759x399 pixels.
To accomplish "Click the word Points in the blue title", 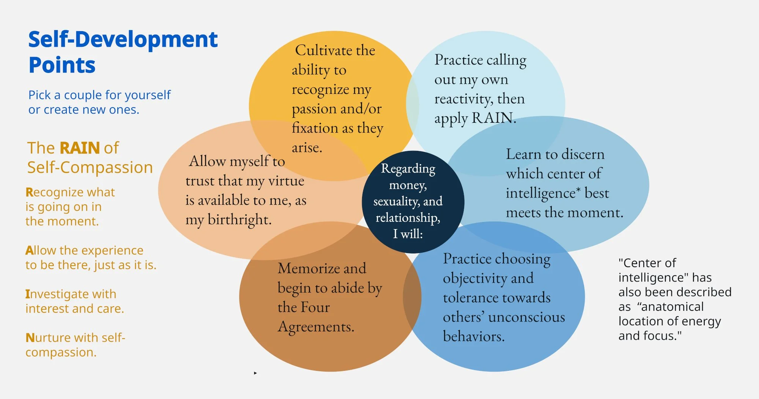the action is coord(62,65).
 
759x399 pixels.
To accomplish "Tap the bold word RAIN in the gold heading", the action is coord(80,148).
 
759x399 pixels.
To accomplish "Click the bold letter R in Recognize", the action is coord(29,192).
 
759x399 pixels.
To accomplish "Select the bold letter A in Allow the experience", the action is coord(29,250).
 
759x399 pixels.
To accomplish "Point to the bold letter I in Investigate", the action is coord(27,294).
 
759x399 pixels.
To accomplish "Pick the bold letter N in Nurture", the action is coord(30,338).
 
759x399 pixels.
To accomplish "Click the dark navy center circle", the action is coord(413,201).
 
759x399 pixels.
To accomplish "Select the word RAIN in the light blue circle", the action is coord(492,118).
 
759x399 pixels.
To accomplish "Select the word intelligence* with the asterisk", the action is coord(543,193).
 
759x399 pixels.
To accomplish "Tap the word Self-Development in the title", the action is coord(123,40).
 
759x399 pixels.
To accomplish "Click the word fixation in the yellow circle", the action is coord(315,128).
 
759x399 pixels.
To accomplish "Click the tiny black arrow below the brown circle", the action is coord(255,373).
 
